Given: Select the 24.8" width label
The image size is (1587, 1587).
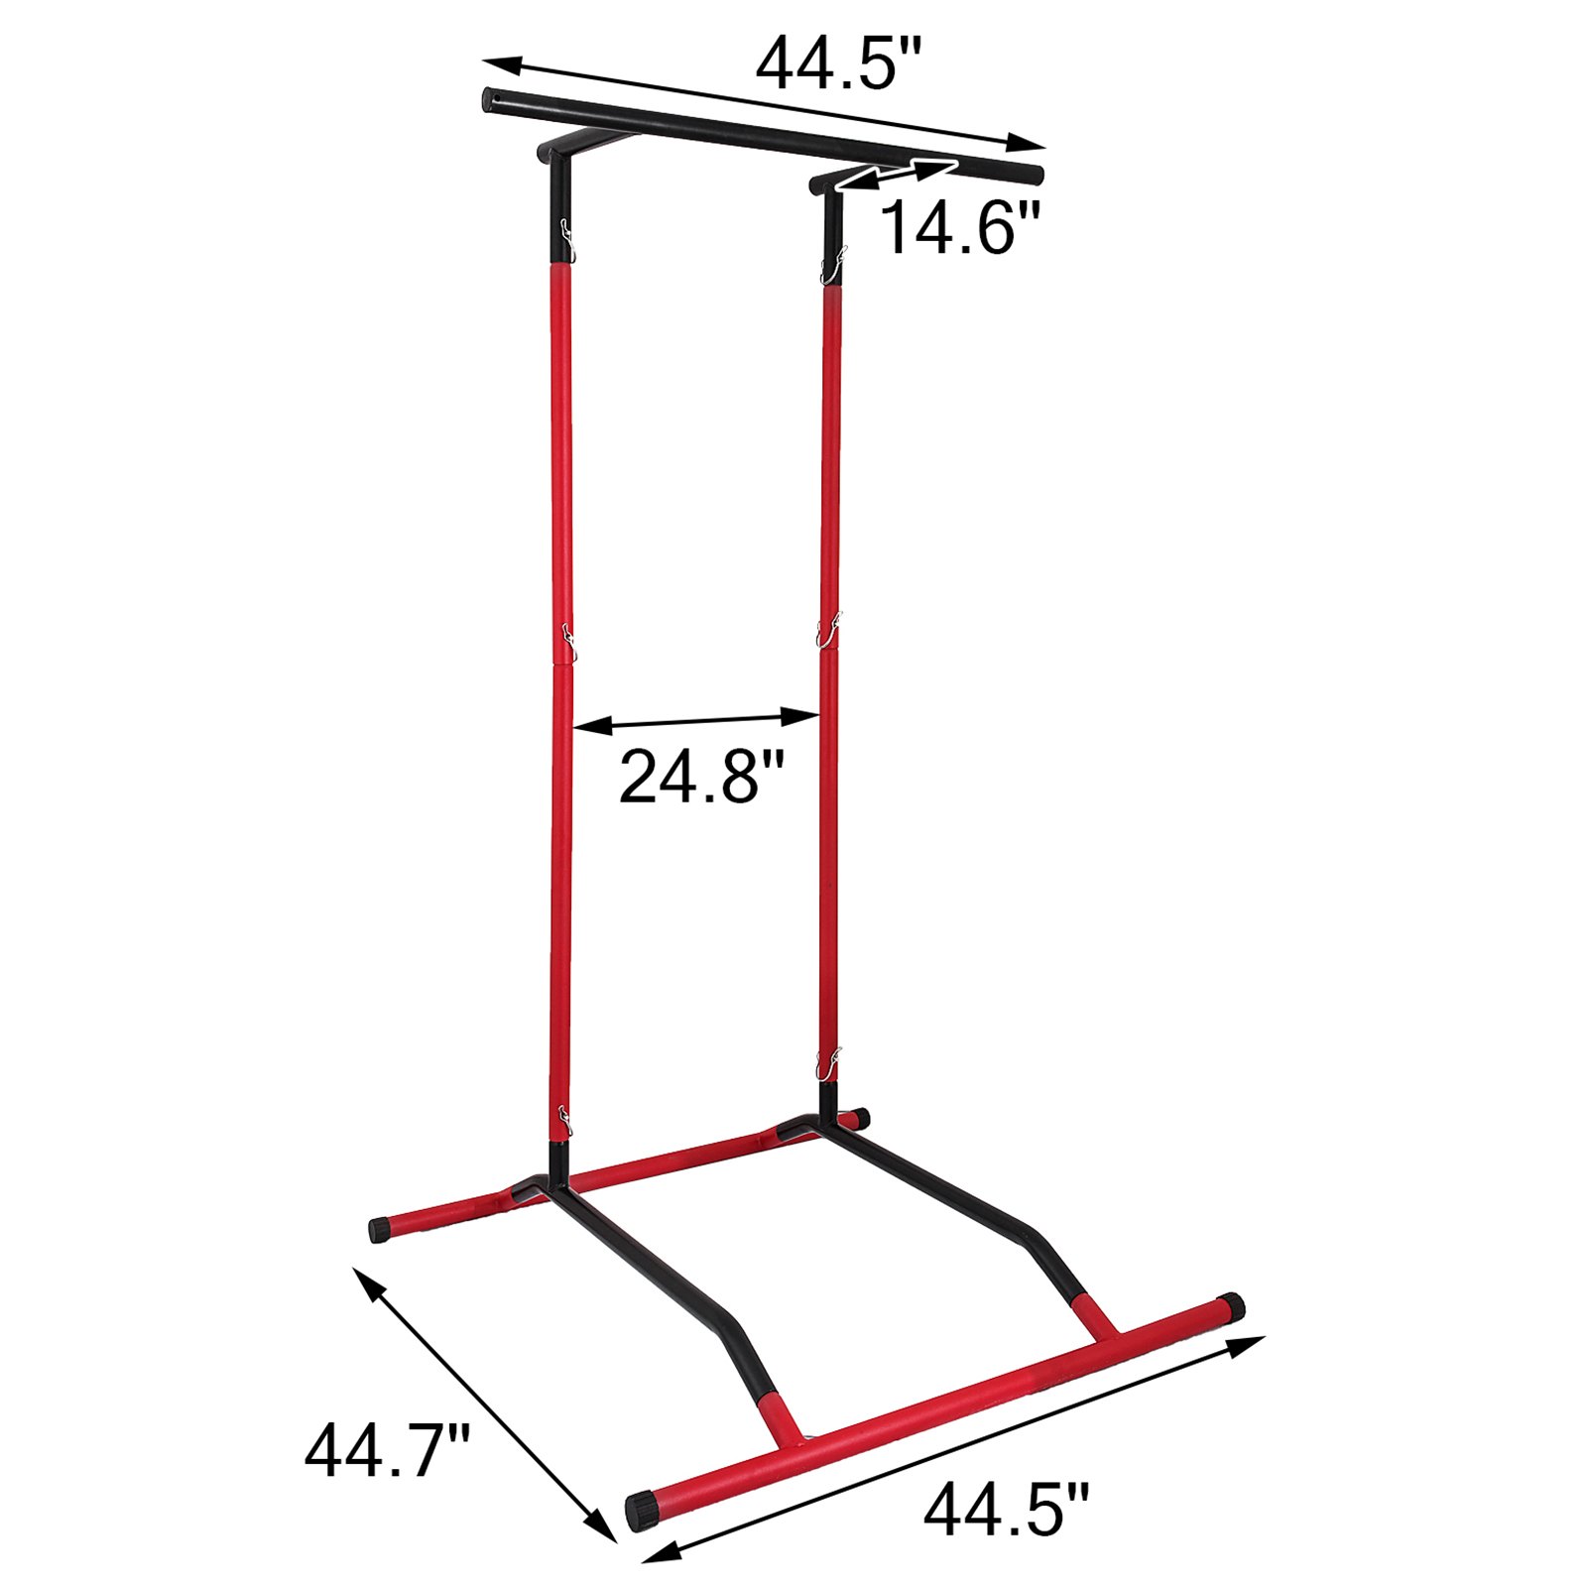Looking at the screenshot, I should (x=701, y=776).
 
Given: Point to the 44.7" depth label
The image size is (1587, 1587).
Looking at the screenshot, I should (x=387, y=1450).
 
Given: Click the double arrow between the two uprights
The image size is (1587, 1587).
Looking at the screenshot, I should (x=697, y=720).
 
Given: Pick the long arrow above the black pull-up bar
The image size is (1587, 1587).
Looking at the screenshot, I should (x=764, y=103).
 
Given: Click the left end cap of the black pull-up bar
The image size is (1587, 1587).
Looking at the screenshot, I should (x=490, y=99).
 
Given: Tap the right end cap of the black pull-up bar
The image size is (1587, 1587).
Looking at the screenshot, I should (x=1035, y=177).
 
